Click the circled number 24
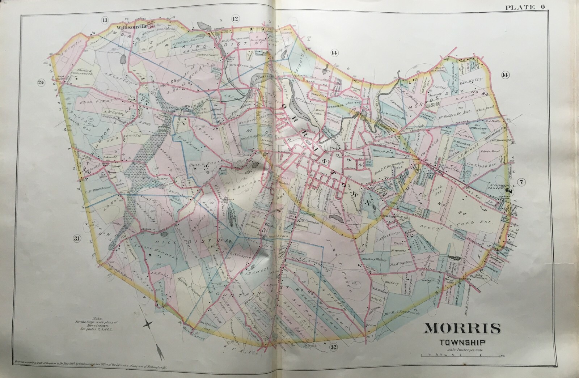pos(41,82)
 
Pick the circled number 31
pos(76,238)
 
